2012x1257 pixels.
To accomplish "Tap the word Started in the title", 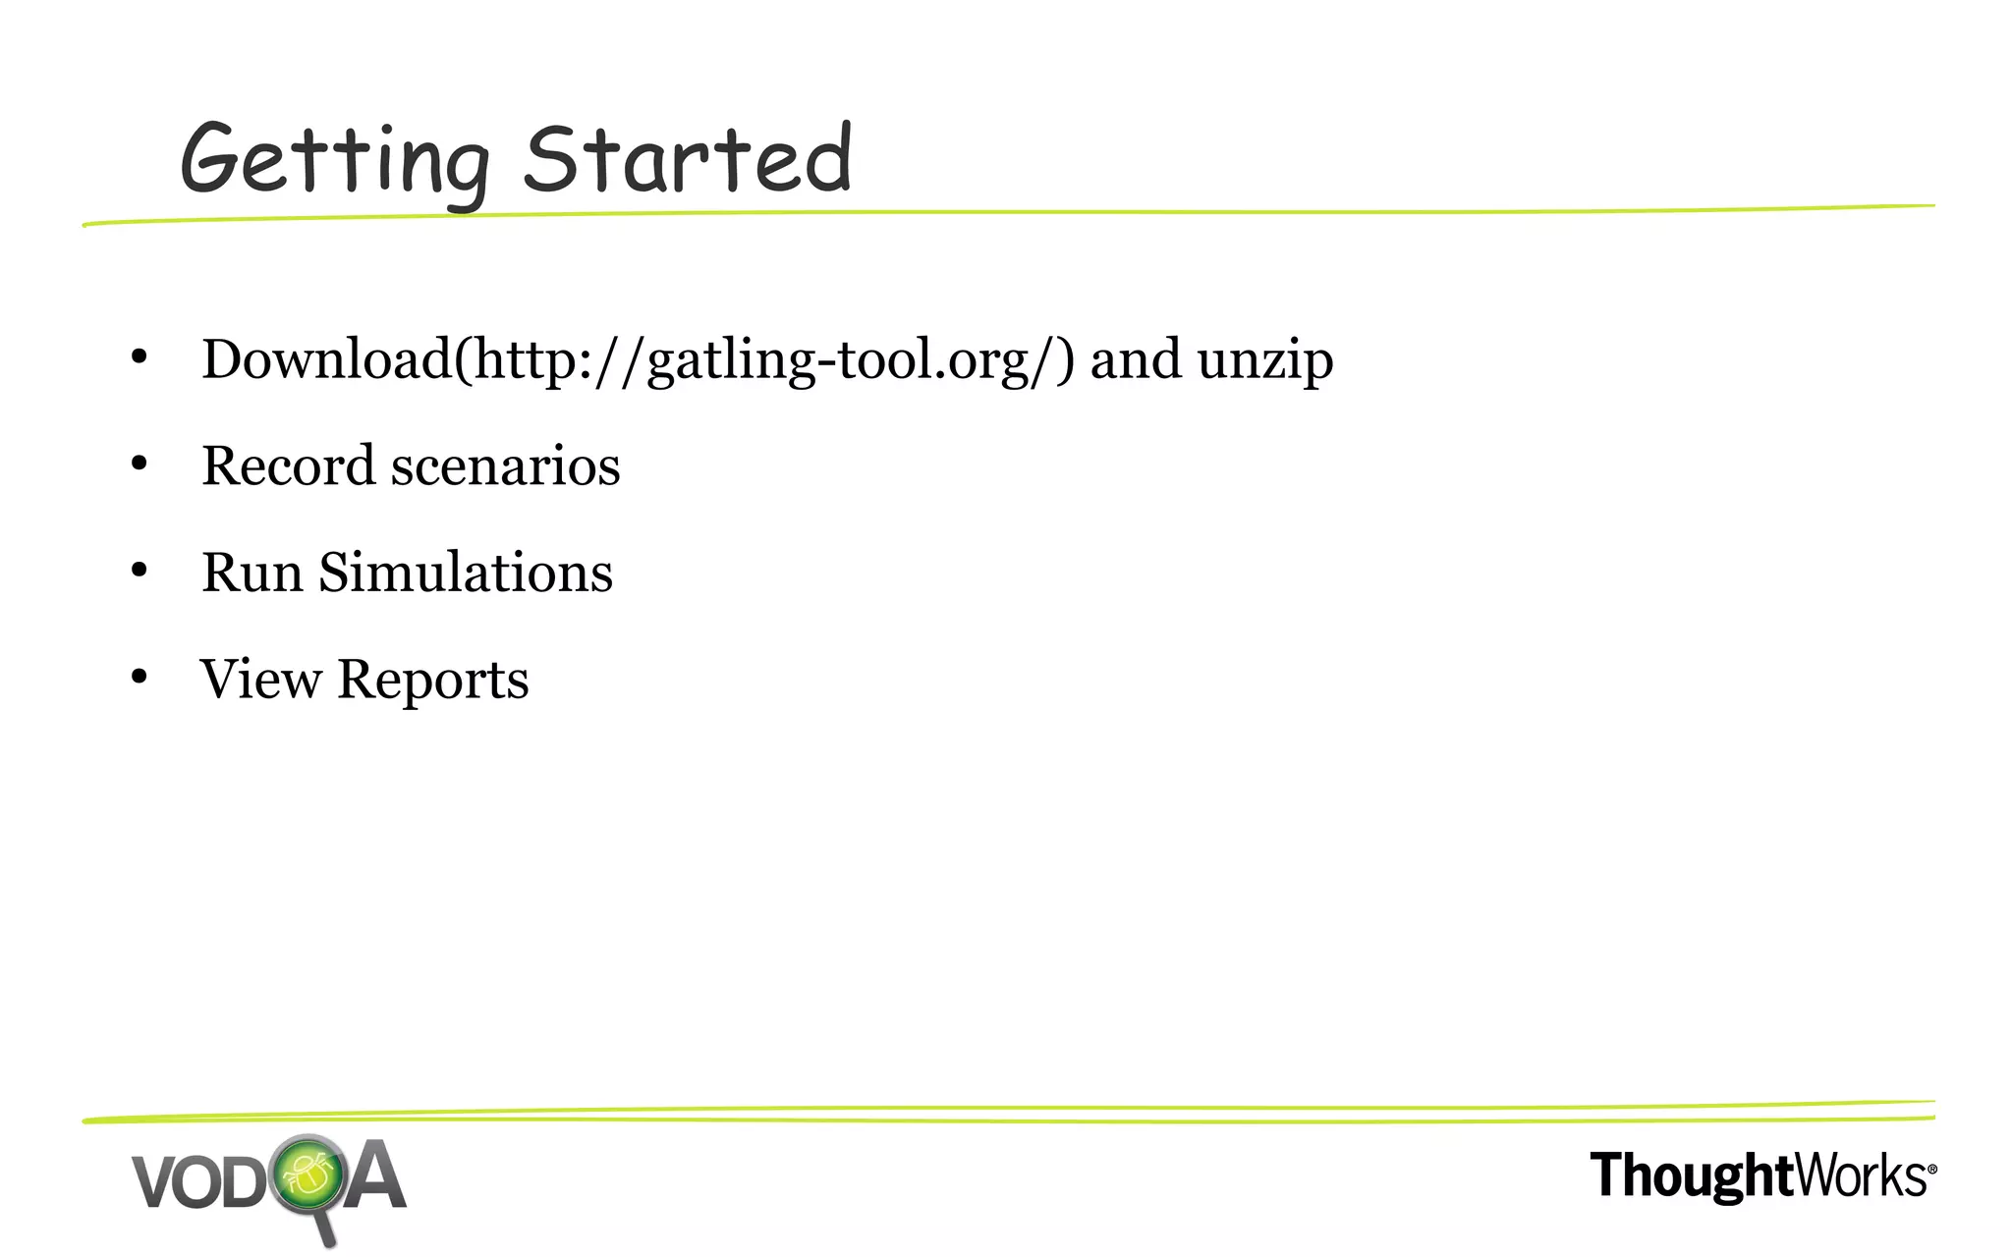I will tap(688, 159).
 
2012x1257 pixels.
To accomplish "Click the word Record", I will tap(288, 465).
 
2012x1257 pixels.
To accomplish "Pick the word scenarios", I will tap(506, 467).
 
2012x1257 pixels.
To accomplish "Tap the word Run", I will tap(251, 573).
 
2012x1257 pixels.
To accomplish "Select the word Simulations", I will tap(466, 573).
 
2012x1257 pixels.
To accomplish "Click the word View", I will tap(260, 680).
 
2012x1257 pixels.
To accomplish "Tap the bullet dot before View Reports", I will tap(139, 677).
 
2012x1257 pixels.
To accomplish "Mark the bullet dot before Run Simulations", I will tap(139, 570).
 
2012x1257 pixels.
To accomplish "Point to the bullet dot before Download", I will tap(139, 356).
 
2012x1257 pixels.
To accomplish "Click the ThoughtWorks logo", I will tap(1759, 1176).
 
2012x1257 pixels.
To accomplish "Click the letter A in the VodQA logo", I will tap(374, 1176).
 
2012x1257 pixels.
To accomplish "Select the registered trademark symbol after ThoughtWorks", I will tap(1931, 1170).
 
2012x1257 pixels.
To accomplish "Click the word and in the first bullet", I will tap(1136, 359).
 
